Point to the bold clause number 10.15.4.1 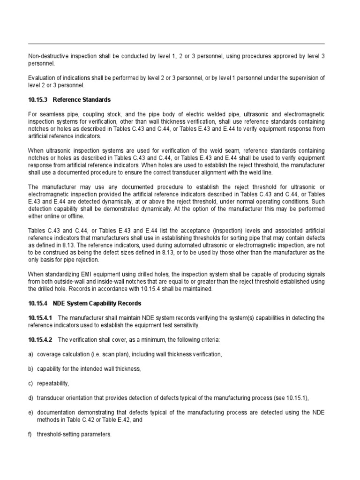[41, 318]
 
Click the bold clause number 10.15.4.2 [41, 339]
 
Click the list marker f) [31, 434]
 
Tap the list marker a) [31, 355]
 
